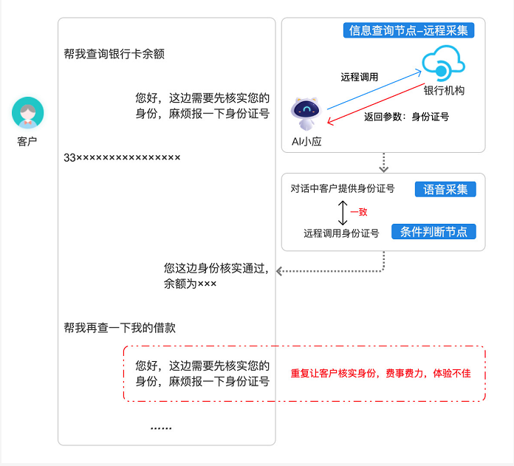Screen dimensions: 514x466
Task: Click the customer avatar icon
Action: pos(28,113)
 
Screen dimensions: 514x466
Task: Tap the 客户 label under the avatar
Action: pos(27,142)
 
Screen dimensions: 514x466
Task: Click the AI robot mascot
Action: pos(306,114)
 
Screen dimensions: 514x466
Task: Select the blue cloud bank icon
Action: pos(443,64)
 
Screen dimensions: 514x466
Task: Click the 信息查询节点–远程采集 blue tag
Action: pos(408,30)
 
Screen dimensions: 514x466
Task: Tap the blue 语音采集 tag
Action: pos(445,189)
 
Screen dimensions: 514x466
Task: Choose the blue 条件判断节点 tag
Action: pos(434,232)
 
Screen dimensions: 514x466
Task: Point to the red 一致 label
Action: pos(359,212)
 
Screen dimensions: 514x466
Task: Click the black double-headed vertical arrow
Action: pos(343,213)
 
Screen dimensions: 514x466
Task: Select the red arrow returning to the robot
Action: pos(376,103)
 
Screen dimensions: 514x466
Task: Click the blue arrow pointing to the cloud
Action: pos(374,89)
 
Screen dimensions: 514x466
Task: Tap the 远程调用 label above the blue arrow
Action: pos(359,77)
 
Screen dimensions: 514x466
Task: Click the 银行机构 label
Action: pos(444,90)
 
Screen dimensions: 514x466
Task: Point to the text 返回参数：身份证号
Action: pos(406,117)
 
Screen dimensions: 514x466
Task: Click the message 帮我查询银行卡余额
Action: pos(114,54)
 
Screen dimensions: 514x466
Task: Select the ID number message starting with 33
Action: pos(122,157)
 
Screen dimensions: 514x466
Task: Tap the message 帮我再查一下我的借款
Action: pos(120,328)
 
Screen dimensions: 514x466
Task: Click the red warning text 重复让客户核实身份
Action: pos(333,373)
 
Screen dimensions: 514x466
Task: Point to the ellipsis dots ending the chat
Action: pos(161,428)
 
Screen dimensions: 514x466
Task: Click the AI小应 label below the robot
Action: pos(306,142)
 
